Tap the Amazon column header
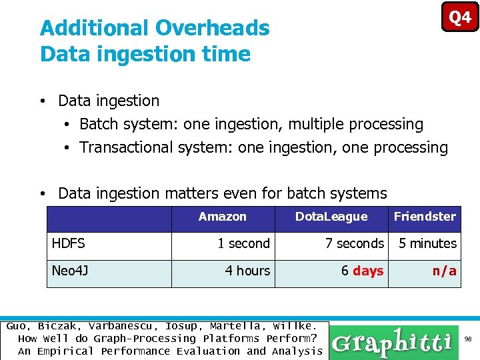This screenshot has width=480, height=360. (222, 217)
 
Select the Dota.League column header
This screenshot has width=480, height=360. (331, 217)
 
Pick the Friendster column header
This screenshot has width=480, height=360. (425, 217)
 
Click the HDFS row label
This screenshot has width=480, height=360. (69, 244)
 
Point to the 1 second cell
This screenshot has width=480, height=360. (243, 244)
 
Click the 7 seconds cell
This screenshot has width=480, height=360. (354, 244)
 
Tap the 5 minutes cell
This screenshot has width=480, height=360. (427, 244)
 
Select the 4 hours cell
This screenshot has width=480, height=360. (247, 271)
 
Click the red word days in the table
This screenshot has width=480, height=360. (368, 271)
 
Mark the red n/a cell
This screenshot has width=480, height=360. (444, 271)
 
